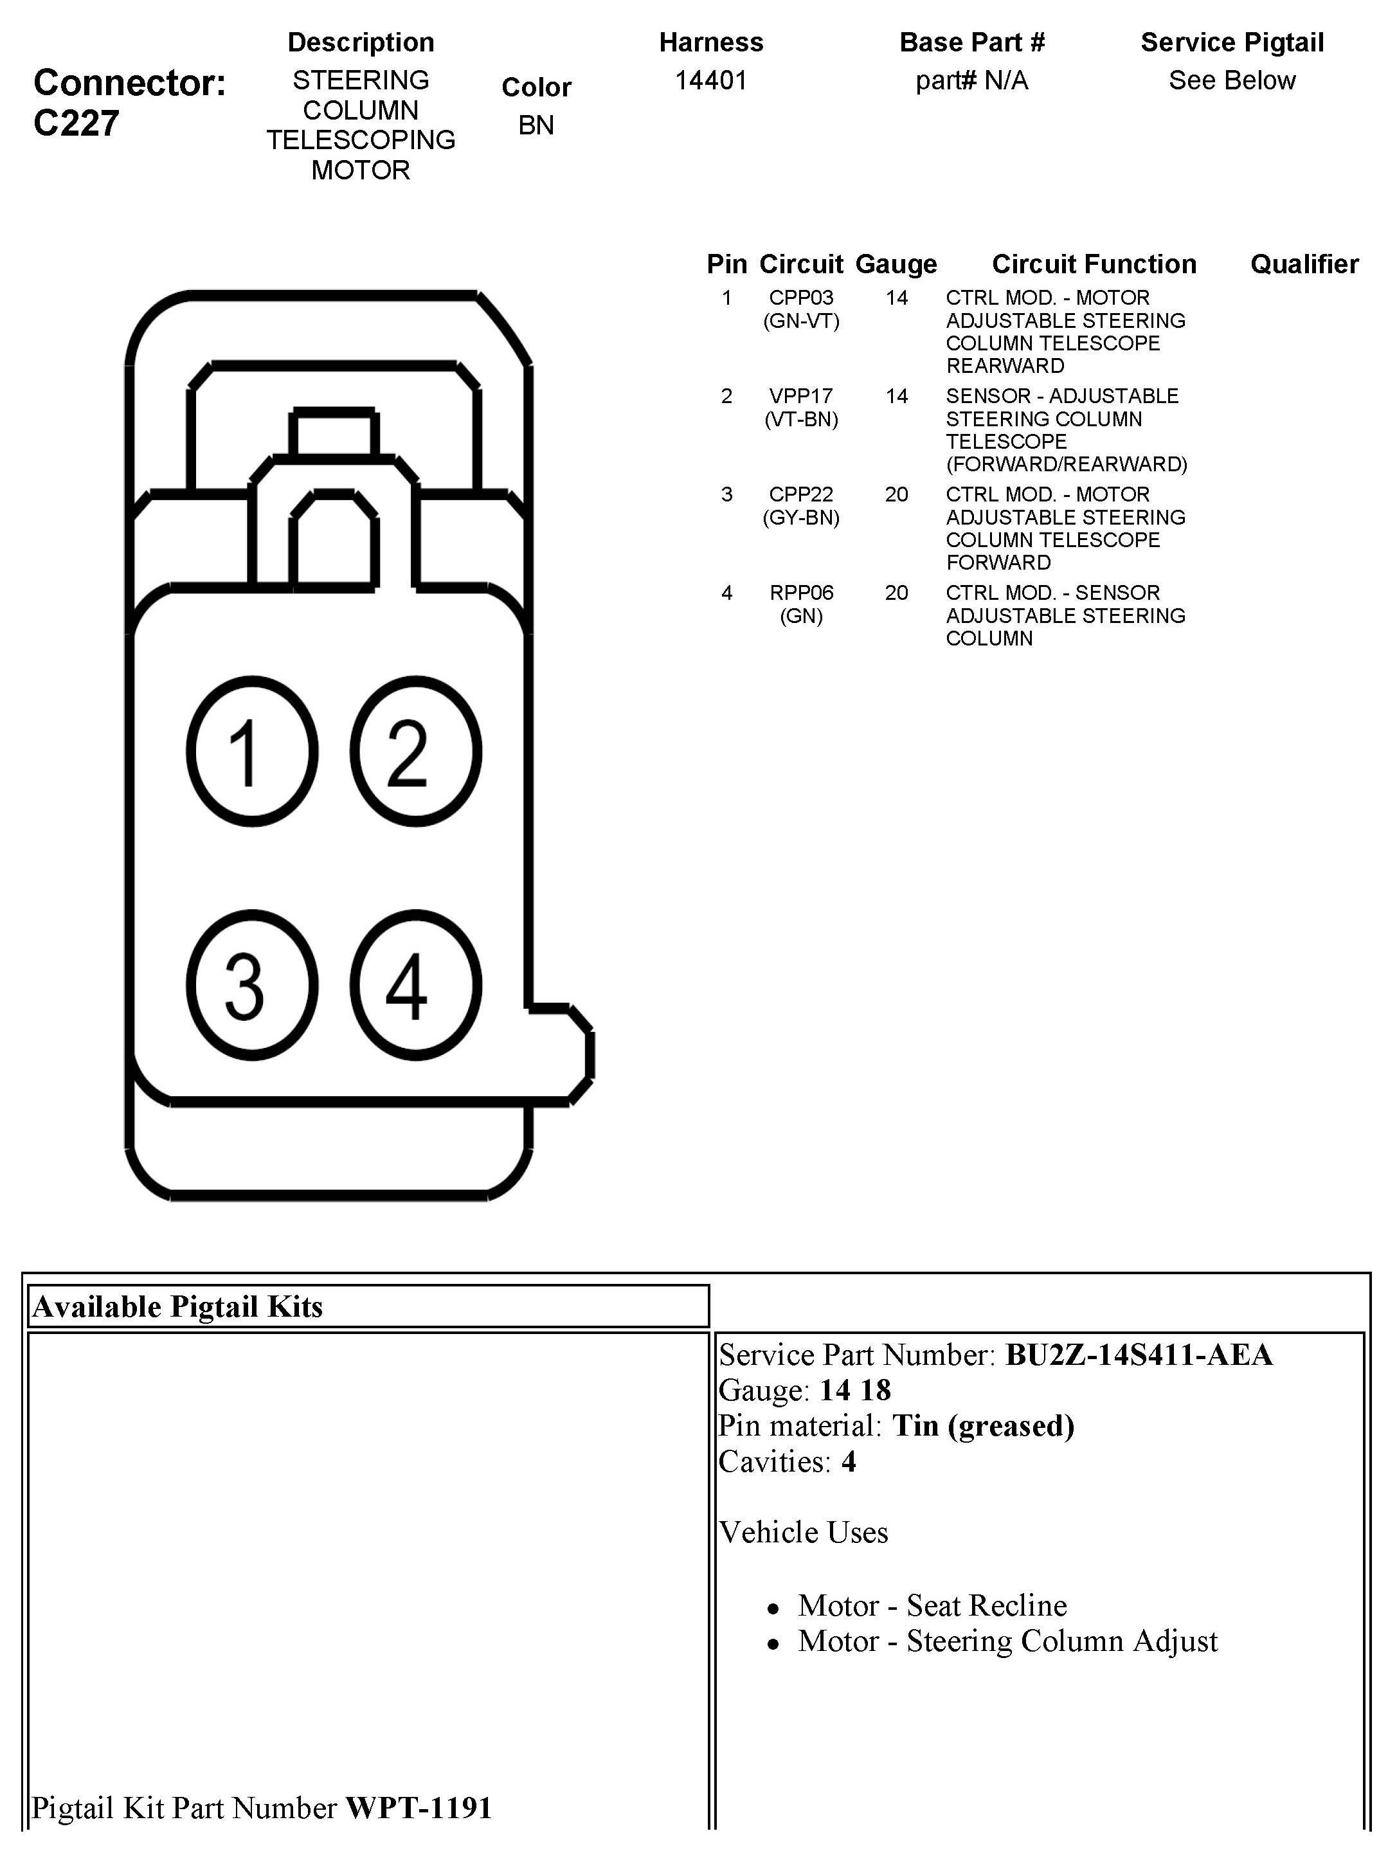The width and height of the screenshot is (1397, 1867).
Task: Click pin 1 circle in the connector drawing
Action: [x=251, y=750]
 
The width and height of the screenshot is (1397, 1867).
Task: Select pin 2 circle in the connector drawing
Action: [x=415, y=750]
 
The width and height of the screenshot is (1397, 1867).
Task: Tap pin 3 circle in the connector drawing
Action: [x=251, y=984]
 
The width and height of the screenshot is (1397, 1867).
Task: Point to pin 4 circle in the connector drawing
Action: [x=415, y=984]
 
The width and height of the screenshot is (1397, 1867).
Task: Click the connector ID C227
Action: [x=76, y=124]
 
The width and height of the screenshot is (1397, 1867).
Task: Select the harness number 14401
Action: [x=711, y=81]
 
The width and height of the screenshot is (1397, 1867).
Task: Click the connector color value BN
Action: [x=536, y=125]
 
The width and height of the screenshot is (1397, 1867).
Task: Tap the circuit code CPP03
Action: [x=801, y=298]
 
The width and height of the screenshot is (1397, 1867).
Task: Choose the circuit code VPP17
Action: [x=801, y=396]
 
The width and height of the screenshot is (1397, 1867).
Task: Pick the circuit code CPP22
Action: [x=801, y=494]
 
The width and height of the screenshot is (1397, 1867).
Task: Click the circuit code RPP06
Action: [x=801, y=593]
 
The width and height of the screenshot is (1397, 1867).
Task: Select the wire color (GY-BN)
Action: [x=801, y=518]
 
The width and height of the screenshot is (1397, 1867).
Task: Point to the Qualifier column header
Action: [x=1304, y=264]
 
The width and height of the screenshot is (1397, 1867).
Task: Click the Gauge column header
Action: [x=896, y=264]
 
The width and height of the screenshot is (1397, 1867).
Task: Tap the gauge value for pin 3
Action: [x=896, y=494]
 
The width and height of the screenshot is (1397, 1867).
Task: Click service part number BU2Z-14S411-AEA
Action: [x=1139, y=1355]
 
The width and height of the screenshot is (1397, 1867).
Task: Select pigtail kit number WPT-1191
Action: [x=419, y=1807]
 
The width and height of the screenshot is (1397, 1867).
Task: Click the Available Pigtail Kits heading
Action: [x=177, y=1306]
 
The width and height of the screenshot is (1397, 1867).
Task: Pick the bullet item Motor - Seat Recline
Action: [x=932, y=1605]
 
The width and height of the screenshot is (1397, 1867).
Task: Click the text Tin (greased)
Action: [x=984, y=1425]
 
